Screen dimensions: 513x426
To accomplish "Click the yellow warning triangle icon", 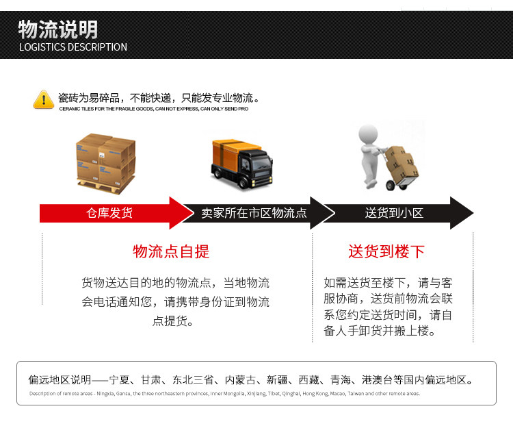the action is pos(43,99).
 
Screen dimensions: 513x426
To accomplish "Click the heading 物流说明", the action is pos(57,29).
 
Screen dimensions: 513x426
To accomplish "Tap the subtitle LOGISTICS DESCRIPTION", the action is pos(73,47).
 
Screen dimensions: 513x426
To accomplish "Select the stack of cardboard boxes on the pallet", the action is pos(106,162).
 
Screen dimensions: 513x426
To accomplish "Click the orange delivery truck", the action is pos(242,160).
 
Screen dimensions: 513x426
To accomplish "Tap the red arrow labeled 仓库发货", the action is pos(109,213).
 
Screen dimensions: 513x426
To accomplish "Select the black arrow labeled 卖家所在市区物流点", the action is pos(254,213).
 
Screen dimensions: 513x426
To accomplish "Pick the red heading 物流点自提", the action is pos(171,251).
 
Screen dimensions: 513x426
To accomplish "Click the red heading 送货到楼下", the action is pos(386,251).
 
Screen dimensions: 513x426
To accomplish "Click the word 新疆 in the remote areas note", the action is pos(278,380).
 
